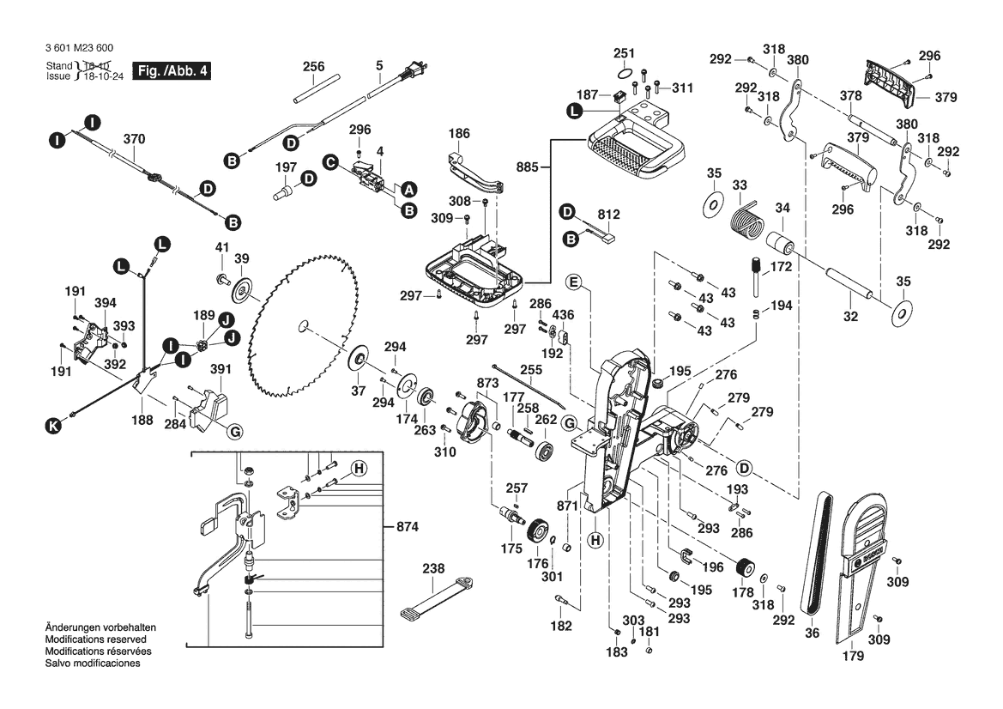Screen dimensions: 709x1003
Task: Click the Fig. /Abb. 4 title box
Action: point(169,70)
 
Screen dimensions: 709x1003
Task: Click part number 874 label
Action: point(407,526)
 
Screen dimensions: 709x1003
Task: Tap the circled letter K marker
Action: point(54,424)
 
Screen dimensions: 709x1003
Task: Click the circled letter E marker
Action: point(574,282)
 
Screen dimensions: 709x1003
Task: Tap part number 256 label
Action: point(314,65)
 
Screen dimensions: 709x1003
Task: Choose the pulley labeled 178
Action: point(743,568)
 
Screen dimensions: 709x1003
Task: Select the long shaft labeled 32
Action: point(849,285)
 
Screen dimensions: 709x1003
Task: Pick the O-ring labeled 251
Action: point(626,73)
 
